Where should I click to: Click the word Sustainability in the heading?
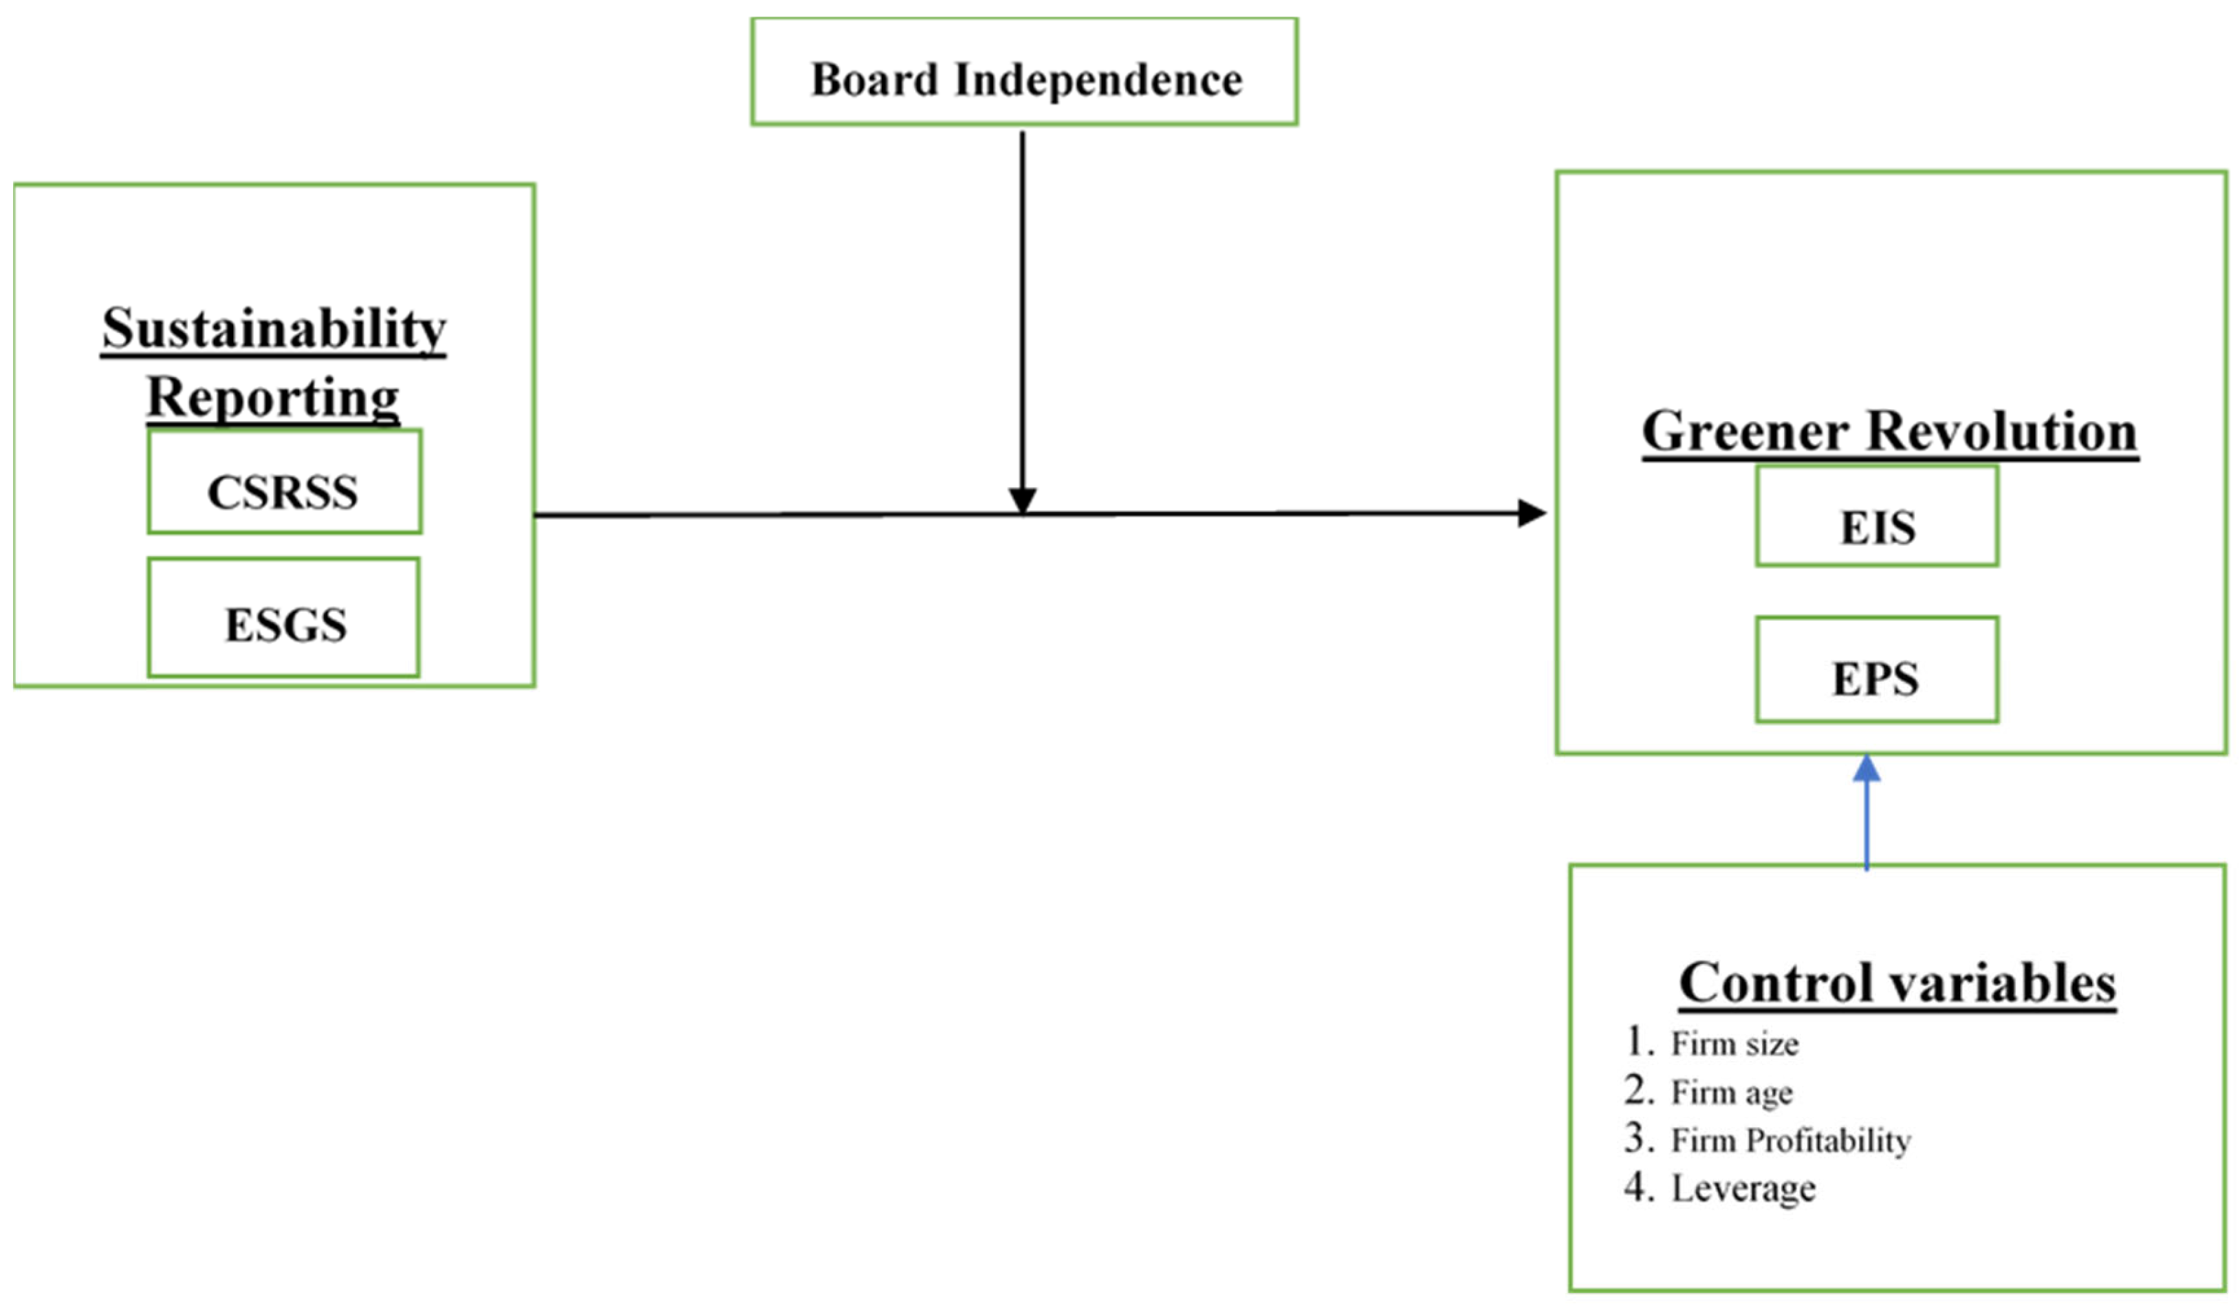[273, 329]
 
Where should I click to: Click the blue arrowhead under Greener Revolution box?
[1866, 770]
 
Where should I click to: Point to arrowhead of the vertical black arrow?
[1022, 500]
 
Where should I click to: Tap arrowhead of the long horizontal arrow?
[1531, 513]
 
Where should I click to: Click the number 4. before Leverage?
[1638, 1188]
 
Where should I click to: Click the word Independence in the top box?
[1098, 80]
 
